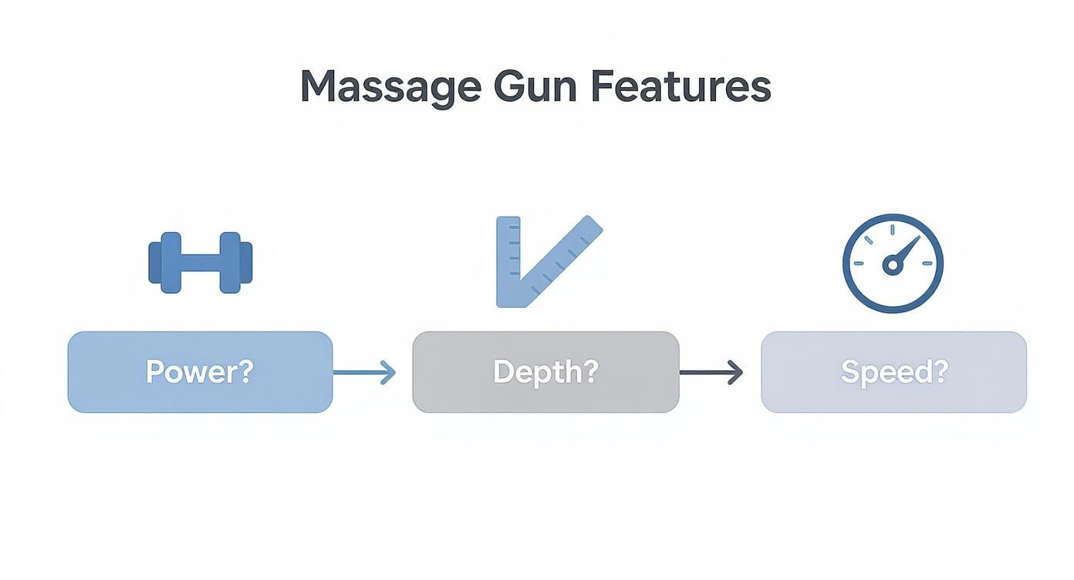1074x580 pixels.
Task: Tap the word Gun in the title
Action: click(x=535, y=86)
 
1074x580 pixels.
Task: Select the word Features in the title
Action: click(x=681, y=86)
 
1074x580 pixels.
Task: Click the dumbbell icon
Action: click(x=200, y=262)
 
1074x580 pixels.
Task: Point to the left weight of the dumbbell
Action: click(x=165, y=262)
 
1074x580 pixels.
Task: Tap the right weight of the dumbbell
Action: click(x=235, y=262)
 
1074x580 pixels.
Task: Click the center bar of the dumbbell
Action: click(x=200, y=262)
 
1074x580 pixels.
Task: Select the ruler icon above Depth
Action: click(x=540, y=262)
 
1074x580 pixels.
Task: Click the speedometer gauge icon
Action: click(x=893, y=263)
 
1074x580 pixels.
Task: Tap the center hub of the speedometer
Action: click(x=893, y=265)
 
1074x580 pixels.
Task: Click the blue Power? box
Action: click(x=200, y=372)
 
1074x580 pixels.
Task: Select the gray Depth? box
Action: click(x=545, y=372)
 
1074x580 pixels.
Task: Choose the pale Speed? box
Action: click(x=893, y=372)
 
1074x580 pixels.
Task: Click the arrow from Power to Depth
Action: click(x=364, y=373)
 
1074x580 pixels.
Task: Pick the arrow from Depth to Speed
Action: click(x=711, y=373)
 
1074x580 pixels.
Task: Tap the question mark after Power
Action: click(x=245, y=372)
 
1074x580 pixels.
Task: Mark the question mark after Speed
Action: click(x=940, y=372)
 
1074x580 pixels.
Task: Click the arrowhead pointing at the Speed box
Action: click(x=735, y=373)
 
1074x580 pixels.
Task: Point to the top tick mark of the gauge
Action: click(x=893, y=229)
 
